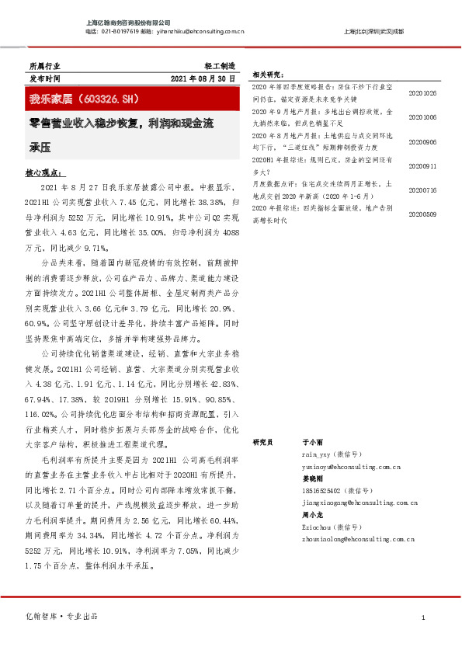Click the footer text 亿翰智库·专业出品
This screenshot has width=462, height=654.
point(63,616)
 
